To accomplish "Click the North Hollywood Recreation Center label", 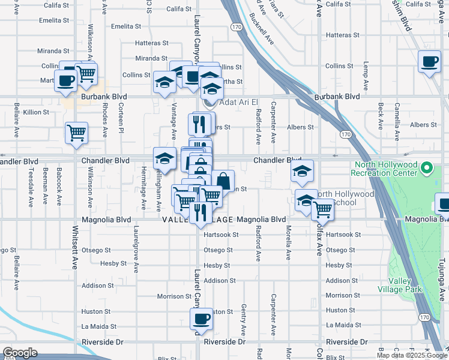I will point(385,169).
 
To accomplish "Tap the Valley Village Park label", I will point(405,285).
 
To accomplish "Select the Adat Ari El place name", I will point(239,103).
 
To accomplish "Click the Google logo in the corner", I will point(19,353).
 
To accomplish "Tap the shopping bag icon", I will point(223,180).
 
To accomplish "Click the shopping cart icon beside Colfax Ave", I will point(323,209).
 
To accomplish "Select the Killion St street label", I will point(36,112).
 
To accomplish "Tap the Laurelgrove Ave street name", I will point(136,246).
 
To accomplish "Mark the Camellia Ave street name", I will point(397,117).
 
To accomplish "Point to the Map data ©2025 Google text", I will point(411,355).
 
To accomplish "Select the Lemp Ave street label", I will point(364,71).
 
